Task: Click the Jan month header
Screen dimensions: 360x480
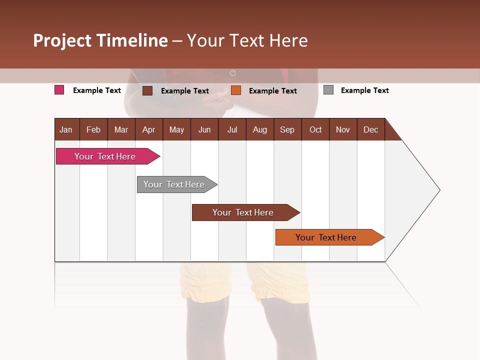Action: tap(66, 129)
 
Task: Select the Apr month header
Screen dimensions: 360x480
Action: tap(148, 129)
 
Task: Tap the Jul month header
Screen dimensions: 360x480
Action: tap(232, 129)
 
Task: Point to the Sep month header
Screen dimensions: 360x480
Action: tap(287, 129)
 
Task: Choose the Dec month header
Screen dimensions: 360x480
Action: tap(370, 129)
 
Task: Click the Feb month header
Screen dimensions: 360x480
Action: tap(93, 129)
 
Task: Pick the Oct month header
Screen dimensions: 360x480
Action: tap(315, 129)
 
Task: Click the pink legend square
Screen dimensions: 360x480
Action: tap(59, 90)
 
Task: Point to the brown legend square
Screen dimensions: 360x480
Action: tap(147, 90)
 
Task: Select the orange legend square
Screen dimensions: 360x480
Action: tap(236, 90)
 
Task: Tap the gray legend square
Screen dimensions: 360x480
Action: tap(328, 90)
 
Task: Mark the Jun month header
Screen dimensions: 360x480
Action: tap(204, 129)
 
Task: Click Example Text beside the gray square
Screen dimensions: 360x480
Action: tap(364, 90)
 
